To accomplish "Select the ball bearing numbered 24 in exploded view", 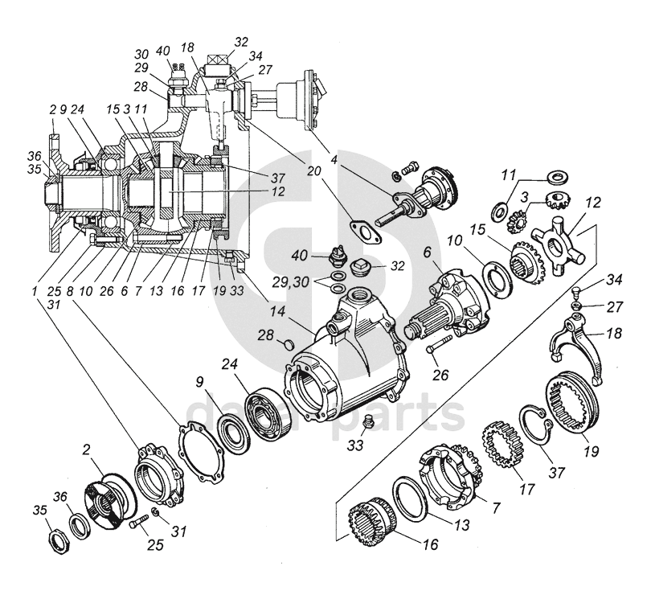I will tap(267, 412).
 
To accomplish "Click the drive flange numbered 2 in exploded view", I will tap(106, 504).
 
